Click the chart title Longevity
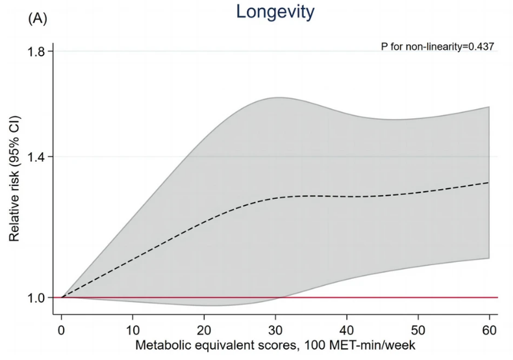click(275, 12)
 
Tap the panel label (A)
click(38, 19)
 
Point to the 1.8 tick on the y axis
click(36, 51)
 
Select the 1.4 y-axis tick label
click(36, 157)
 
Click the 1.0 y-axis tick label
click(36, 298)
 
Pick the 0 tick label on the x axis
click(61, 331)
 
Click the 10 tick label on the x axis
click(132, 331)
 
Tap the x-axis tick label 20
click(204, 331)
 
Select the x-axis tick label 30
click(275, 331)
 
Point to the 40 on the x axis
click(347, 331)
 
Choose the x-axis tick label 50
click(418, 331)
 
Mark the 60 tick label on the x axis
click(489, 331)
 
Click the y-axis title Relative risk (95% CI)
click(14, 179)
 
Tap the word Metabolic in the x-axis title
click(158, 345)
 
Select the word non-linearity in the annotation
click(434, 47)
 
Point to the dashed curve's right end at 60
click(489, 183)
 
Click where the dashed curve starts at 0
click(62, 298)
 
